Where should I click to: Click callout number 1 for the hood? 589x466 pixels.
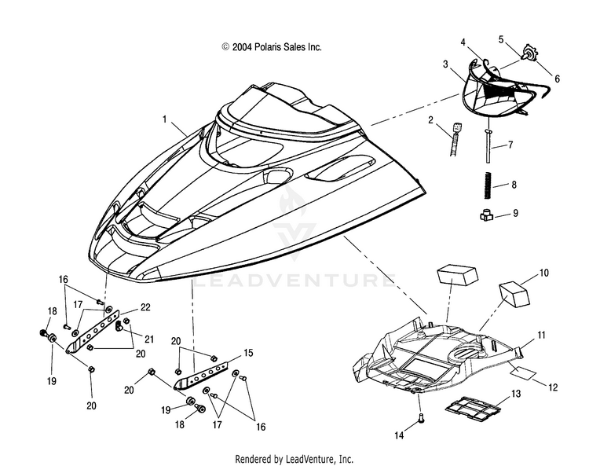click(165, 119)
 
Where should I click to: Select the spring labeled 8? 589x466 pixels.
click(487, 184)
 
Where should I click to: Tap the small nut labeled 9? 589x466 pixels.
click(487, 215)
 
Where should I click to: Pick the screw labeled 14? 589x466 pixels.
click(420, 416)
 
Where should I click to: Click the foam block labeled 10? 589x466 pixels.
click(514, 293)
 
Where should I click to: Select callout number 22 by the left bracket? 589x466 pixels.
click(145, 307)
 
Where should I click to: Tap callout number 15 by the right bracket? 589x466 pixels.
click(248, 353)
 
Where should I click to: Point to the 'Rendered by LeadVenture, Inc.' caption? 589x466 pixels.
click(294, 459)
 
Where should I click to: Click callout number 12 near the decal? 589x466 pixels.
click(553, 387)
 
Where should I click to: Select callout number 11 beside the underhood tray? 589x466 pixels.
click(541, 335)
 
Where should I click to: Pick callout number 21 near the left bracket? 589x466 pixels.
click(149, 339)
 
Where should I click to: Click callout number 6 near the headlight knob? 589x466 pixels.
click(557, 79)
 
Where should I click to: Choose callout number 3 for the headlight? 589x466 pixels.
click(445, 64)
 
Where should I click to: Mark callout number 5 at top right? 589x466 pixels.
click(501, 39)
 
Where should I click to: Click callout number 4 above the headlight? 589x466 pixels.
click(463, 42)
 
